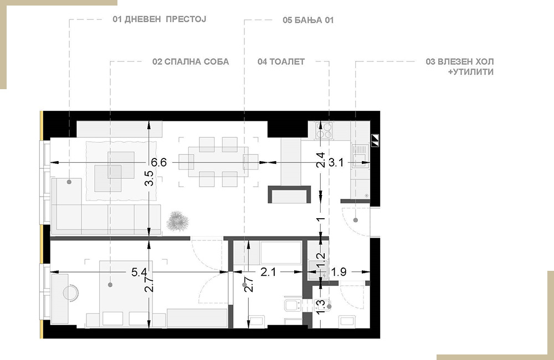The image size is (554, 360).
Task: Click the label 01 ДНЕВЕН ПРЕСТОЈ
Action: (160, 19)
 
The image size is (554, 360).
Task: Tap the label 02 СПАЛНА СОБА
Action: (191, 62)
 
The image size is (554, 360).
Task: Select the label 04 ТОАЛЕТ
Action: (281, 62)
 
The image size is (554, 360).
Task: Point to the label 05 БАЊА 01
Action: (308, 20)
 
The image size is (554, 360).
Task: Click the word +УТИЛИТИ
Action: (470, 72)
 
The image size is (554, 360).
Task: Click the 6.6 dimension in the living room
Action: (158, 162)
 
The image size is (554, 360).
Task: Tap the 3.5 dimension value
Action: (150, 178)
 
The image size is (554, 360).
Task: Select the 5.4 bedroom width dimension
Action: (139, 272)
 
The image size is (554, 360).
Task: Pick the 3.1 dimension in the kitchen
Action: (336, 162)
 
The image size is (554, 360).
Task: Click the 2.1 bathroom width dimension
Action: (268, 272)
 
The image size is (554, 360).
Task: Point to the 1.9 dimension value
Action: (339, 272)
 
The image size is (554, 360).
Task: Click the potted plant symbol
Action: (178, 222)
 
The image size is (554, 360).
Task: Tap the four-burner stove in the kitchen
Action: (324, 130)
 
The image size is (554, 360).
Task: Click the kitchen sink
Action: (360, 156)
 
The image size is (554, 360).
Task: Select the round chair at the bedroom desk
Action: (70, 292)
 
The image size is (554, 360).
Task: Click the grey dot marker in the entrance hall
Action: (356, 220)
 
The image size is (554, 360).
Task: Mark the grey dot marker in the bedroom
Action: (110, 285)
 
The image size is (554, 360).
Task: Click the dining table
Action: (218, 162)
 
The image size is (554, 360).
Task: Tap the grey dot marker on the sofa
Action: (69, 182)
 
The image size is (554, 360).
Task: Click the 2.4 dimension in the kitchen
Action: (320, 160)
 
